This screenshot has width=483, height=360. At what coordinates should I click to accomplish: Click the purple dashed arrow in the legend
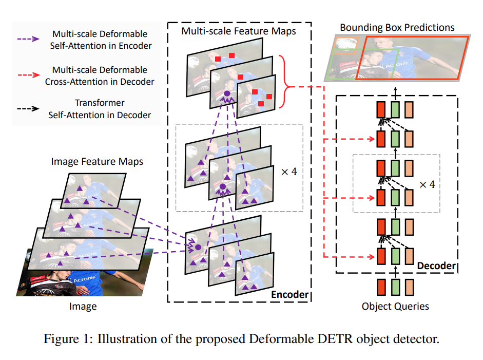(x=31, y=40)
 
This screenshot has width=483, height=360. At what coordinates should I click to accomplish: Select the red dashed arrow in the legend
(x=31, y=75)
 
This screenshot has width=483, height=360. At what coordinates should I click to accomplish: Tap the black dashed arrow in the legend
(x=31, y=109)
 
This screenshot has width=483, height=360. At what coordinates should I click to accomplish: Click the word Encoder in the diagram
(x=289, y=294)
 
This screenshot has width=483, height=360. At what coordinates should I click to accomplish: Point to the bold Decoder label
(x=436, y=266)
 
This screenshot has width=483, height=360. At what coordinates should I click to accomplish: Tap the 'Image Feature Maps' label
(x=97, y=161)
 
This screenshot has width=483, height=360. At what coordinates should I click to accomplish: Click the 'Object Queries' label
(x=395, y=307)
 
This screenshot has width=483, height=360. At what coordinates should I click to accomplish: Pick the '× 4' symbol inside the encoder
(x=289, y=172)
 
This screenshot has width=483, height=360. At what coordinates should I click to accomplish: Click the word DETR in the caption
(x=350, y=339)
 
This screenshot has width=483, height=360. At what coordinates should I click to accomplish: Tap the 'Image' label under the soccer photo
(x=83, y=307)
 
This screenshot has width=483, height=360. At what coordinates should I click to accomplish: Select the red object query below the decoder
(x=381, y=287)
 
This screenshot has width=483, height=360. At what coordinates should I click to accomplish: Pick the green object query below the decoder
(x=395, y=287)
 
